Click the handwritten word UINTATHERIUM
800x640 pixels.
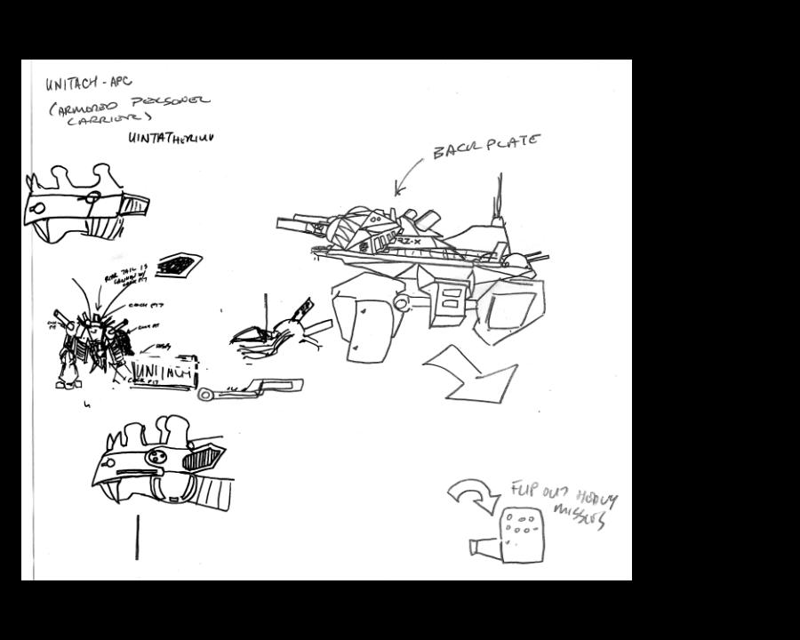pyautogui.click(x=171, y=138)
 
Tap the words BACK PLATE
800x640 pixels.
pyautogui.click(x=485, y=146)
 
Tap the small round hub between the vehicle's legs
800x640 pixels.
pyautogui.click(x=401, y=304)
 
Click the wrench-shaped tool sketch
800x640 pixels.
pyautogui.click(x=251, y=388)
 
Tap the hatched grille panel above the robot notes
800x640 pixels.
pyautogui.click(x=179, y=263)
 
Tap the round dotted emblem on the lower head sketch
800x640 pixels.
pyautogui.click(x=156, y=456)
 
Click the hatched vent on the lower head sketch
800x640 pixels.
pyautogui.click(x=202, y=459)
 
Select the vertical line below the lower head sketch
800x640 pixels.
pyautogui.click(x=137, y=537)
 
